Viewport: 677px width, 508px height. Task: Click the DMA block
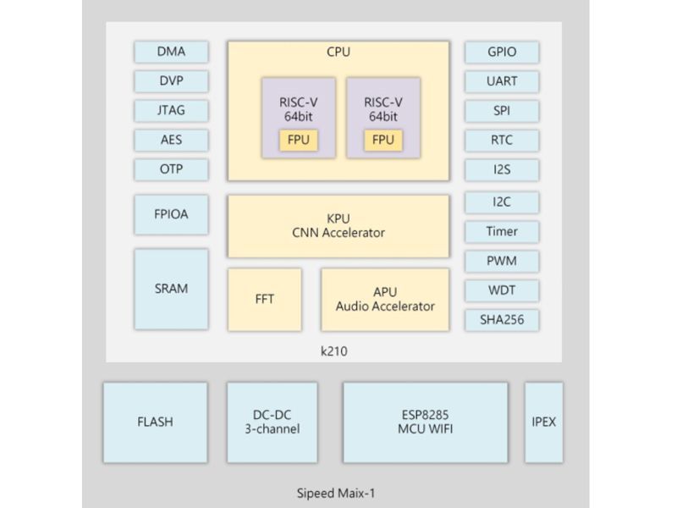coord(171,52)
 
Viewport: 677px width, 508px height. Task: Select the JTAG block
coord(171,110)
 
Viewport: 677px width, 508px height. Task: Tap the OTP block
coord(171,168)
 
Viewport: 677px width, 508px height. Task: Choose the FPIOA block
coord(171,214)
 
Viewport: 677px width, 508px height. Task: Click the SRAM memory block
coord(171,289)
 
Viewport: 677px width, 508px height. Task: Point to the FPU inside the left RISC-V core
coord(299,140)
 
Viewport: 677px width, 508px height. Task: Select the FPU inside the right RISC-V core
coord(383,140)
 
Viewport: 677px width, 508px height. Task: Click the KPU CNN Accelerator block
coord(338,226)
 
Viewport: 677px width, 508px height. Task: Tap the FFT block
coord(265,300)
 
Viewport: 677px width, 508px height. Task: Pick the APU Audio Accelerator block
coord(384,300)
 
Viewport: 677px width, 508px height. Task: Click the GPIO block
coord(502,52)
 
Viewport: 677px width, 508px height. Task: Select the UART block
coord(502,81)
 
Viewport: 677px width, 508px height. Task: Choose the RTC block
coord(502,140)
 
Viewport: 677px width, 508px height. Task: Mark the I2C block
coord(502,202)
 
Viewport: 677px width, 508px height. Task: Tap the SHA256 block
coord(502,319)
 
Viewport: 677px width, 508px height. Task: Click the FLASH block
coord(155,422)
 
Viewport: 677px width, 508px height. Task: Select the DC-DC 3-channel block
coord(272,422)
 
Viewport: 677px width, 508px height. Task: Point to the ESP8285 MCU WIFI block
coord(426,422)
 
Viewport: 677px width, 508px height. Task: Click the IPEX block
coord(542,422)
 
